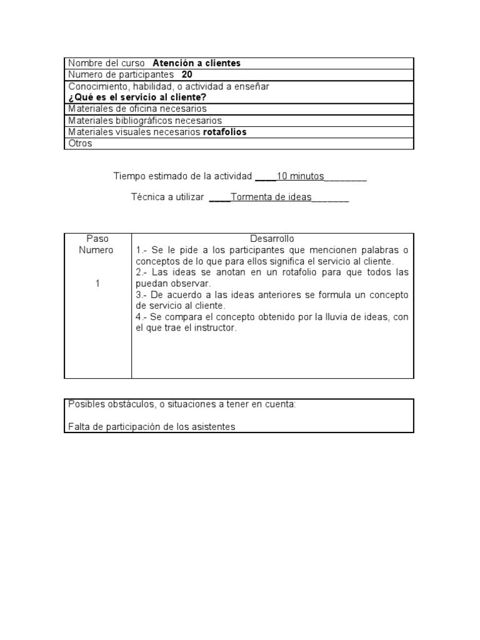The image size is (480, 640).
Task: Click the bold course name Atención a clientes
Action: [x=196, y=63]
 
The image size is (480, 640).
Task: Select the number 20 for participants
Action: [x=187, y=74]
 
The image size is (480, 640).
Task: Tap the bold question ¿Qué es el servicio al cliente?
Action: [x=137, y=97]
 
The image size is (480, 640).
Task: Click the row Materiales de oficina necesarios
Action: [x=137, y=109]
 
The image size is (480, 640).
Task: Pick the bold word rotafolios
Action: [x=225, y=132]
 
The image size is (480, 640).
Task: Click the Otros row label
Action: [x=80, y=143]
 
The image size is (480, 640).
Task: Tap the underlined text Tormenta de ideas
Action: [x=271, y=197]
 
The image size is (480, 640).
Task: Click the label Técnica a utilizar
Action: [x=167, y=197]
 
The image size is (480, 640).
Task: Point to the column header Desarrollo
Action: [x=272, y=239]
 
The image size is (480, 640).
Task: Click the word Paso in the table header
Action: [x=97, y=239]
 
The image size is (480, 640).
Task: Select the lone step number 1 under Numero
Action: [x=97, y=284]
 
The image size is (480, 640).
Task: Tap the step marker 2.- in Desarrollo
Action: [x=142, y=272]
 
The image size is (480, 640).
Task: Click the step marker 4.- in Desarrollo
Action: [x=142, y=317]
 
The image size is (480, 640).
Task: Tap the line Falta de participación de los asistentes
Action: [x=151, y=427]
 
